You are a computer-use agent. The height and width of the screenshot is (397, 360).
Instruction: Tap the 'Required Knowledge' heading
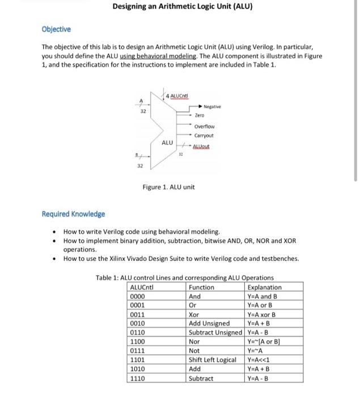click(73, 214)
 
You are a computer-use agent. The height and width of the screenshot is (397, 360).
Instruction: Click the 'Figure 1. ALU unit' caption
click(168, 187)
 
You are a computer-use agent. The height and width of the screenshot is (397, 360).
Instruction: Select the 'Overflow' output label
click(204, 126)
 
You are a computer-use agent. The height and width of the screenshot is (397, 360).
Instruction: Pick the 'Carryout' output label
click(204, 136)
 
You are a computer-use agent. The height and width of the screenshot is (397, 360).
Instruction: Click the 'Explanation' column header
click(265, 287)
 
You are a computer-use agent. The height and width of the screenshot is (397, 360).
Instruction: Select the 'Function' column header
click(201, 287)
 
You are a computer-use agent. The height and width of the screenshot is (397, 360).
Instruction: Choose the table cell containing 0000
click(139, 296)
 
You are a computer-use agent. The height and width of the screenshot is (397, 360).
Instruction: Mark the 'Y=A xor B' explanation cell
click(261, 314)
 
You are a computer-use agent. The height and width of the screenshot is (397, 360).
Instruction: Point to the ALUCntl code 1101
click(139, 360)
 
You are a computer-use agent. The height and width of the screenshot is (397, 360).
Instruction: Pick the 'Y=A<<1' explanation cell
click(258, 360)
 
